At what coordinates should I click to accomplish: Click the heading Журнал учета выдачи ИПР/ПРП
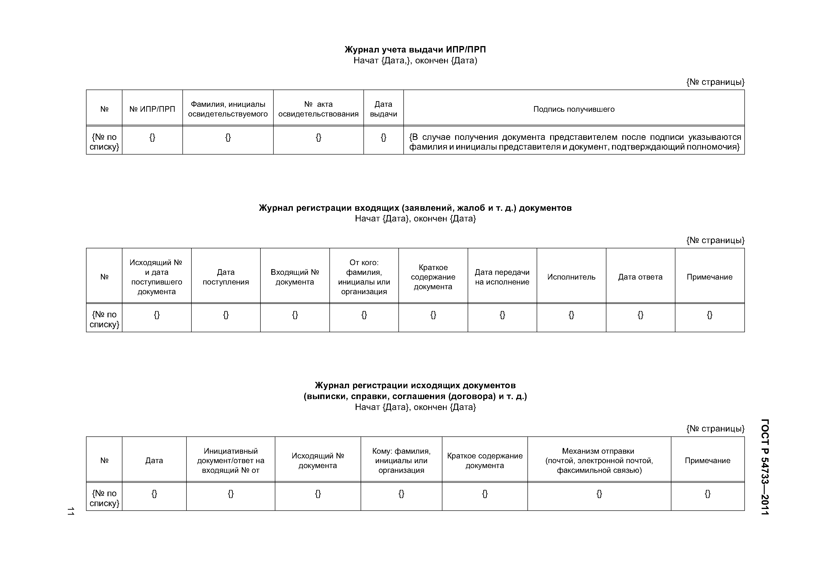pyautogui.click(x=415, y=49)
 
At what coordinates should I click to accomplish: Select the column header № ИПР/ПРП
pyautogui.click(x=152, y=109)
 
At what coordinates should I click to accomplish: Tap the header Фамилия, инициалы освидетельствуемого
pyautogui.click(x=228, y=109)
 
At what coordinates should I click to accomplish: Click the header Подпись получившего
pyautogui.click(x=574, y=109)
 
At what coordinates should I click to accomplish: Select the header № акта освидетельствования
pyautogui.click(x=318, y=109)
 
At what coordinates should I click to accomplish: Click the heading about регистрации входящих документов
pyautogui.click(x=415, y=208)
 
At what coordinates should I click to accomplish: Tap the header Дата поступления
pyautogui.click(x=226, y=277)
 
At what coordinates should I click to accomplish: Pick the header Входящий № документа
pyautogui.click(x=295, y=277)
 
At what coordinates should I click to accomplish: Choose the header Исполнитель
pyautogui.click(x=571, y=277)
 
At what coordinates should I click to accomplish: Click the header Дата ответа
pyautogui.click(x=640, y=277)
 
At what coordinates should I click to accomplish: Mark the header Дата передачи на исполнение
pyautogui.click(x=502, y=277)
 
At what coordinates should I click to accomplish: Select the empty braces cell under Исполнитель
pyautogui.click(x=571, y=315)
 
